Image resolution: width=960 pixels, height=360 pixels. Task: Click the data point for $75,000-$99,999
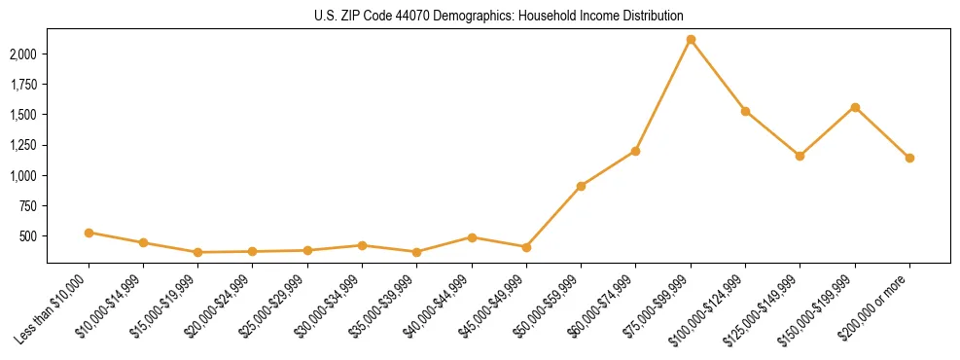click(691, 40)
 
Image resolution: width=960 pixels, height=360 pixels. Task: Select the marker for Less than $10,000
click(89, 233)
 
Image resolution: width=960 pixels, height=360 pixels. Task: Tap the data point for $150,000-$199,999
click(855, 107)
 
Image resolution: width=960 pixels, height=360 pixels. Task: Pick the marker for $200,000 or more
click(909, 158)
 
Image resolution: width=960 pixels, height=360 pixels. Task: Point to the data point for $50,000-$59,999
click(581, 186)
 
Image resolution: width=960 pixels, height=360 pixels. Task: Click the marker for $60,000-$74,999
click(635, 151)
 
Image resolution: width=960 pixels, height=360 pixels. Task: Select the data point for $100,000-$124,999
click(745, 111)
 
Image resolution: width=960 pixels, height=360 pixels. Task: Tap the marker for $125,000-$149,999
click(800, 156)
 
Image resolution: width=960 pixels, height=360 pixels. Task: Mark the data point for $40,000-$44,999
click(472, 237)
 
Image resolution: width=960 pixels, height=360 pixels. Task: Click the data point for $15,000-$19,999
click(197, 252)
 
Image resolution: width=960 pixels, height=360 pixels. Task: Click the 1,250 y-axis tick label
click(24, 145)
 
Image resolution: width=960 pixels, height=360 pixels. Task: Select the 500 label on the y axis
click(30, 236)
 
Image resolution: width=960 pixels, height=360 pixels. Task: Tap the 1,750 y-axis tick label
click(24, 85)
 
